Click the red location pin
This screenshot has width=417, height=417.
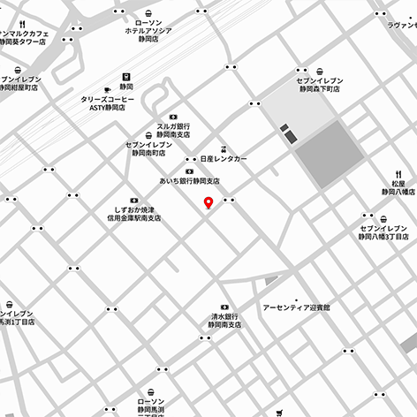[x=208, y=203]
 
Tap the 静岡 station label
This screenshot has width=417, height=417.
[x=126, y=88]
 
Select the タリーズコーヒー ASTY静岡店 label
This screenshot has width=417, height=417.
[x=104, y=104]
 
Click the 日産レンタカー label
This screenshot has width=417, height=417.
[x=224, y=158]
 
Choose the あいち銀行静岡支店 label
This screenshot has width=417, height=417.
[x=189, y=181]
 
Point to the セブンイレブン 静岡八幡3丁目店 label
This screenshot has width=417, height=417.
[x=383, y=232]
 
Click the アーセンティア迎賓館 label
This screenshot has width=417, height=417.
[x=296, y=307]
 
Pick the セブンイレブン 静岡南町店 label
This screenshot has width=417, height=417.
[x=146, y=148]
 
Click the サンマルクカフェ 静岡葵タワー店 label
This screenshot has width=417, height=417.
[x=37, y=37]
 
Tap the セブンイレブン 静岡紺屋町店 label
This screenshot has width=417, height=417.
[x=20, y=84]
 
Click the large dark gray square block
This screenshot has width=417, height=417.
[x=329, y=153]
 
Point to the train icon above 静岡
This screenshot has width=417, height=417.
[x=126, y=76]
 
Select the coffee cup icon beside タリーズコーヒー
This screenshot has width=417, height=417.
[x=107, y=88]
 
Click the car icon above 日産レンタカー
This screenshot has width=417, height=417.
[x=224, y=148]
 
